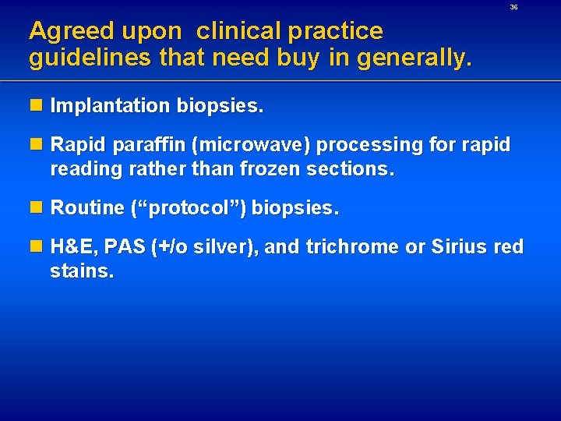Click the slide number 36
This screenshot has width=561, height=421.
click(513, 7)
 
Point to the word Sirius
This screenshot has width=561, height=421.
click(450, 248)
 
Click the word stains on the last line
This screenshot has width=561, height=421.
click(81, 271)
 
